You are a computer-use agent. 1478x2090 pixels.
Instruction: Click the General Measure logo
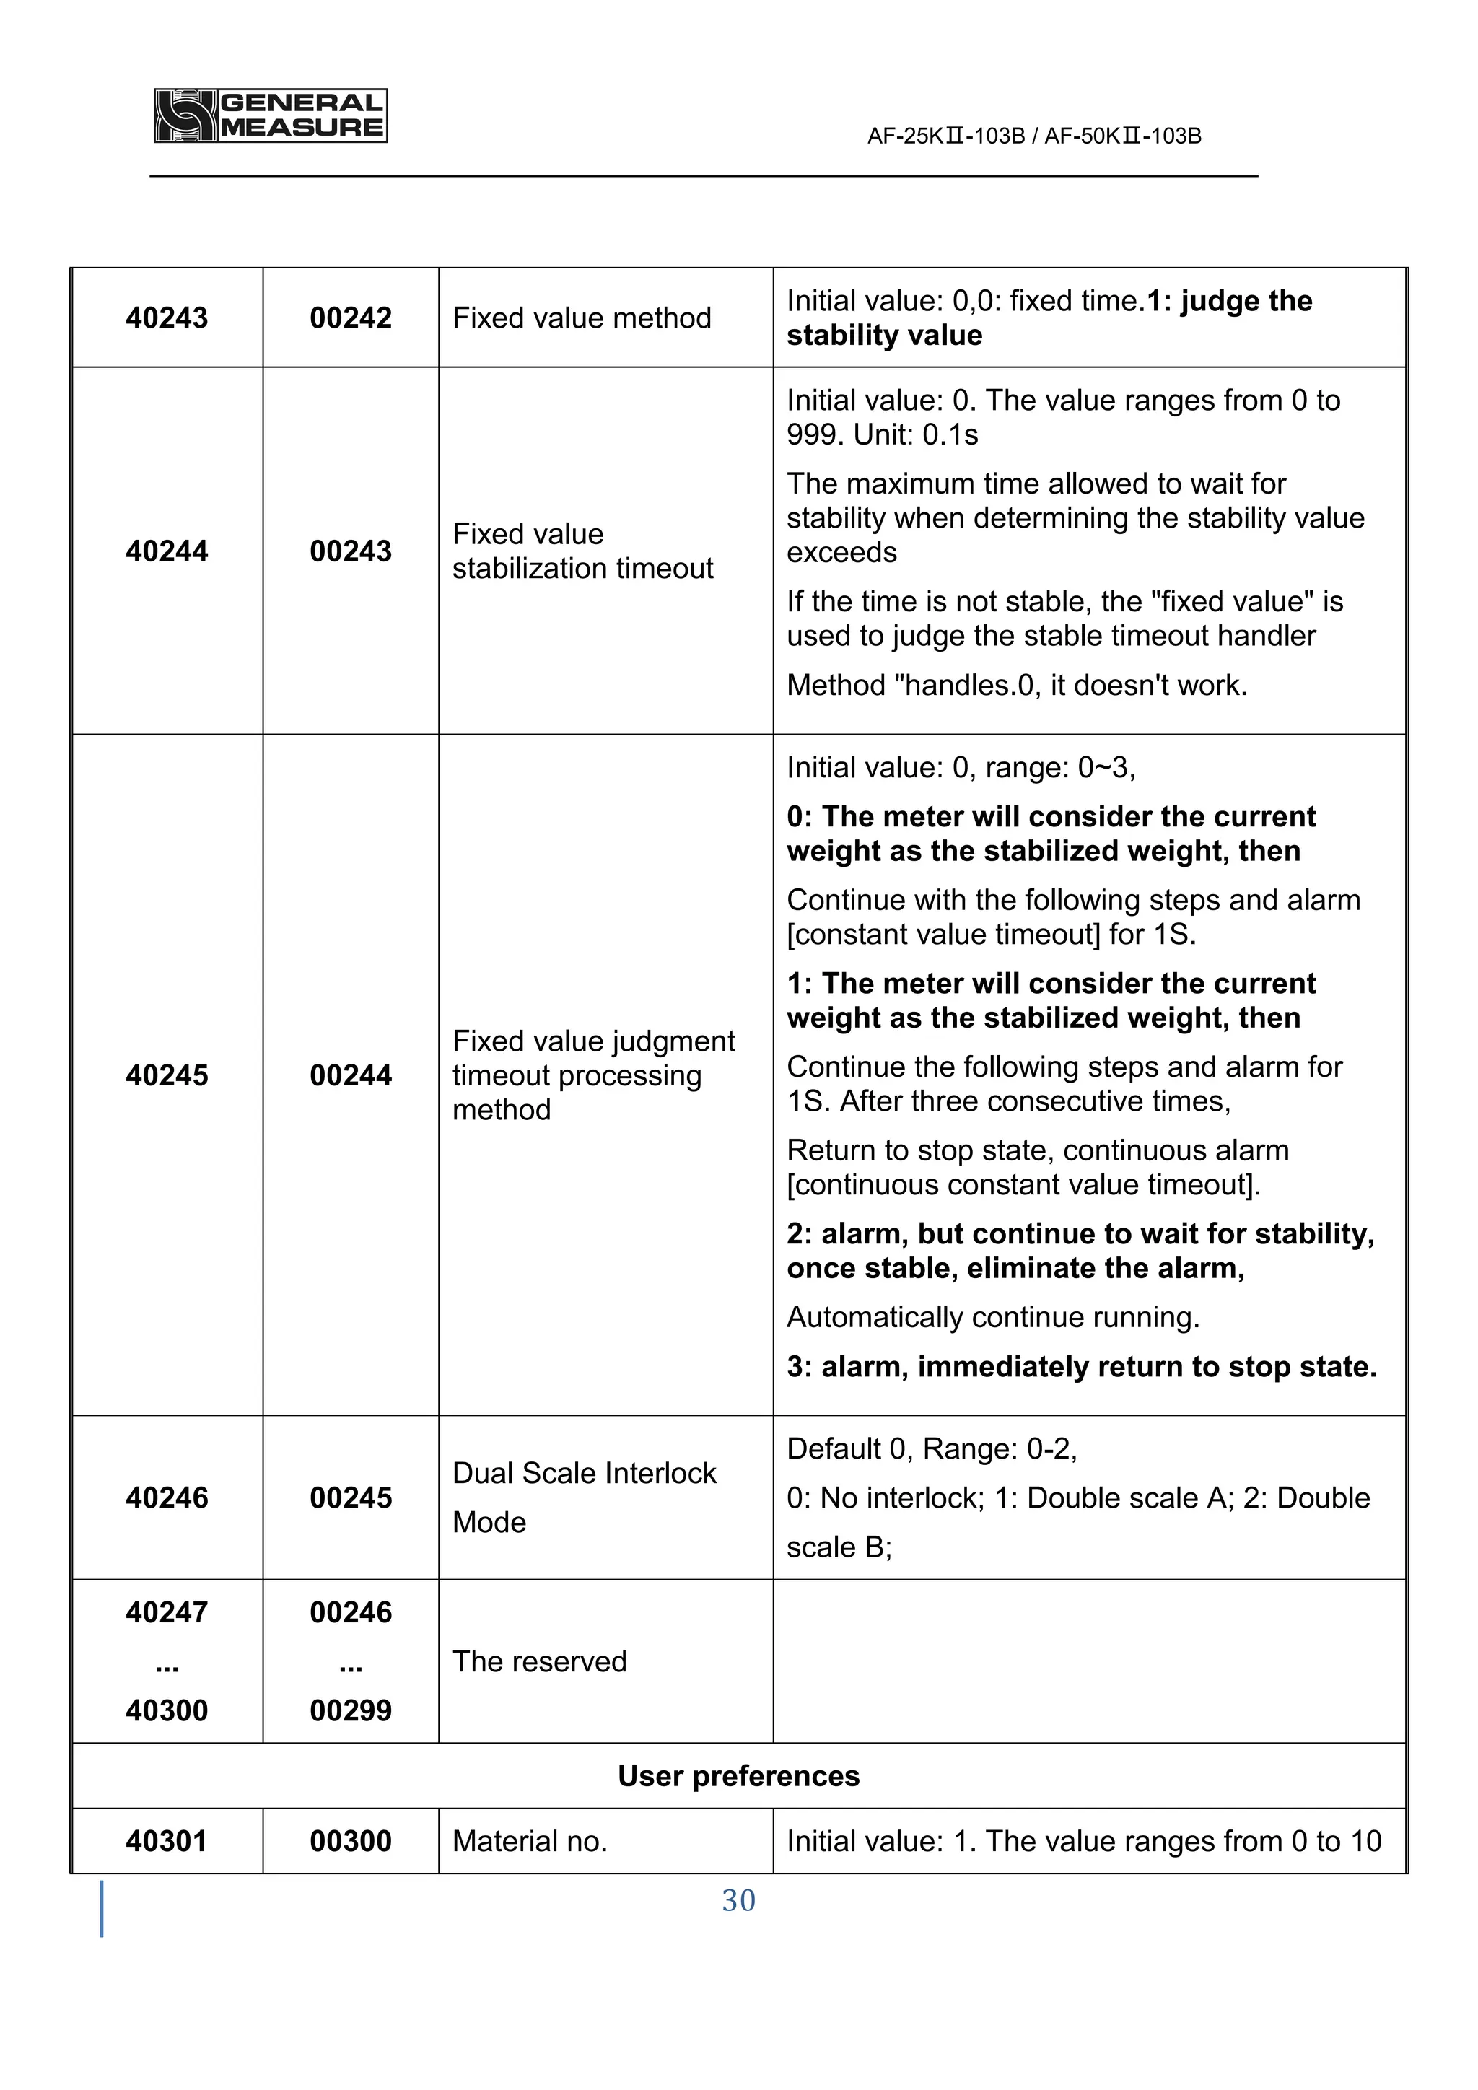click(x=271, y=115)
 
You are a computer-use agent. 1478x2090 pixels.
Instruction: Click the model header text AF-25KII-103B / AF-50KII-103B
click(x=1034, y=136)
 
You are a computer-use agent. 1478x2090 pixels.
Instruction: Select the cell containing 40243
click(x=167, y=318)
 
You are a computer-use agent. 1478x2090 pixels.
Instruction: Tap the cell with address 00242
click(x=351, y=318)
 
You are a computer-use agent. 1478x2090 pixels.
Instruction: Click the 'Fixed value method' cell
click(x=582, y=318)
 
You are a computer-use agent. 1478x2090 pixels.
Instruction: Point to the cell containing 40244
click(x=167, y=551)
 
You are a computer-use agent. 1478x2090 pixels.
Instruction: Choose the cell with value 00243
click(x=351, y=551)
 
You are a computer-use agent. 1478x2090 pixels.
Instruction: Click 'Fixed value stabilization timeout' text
click(x=582, y=551)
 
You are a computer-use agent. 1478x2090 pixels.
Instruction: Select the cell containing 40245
click(x=167, y=1075)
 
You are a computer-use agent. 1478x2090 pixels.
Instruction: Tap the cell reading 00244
click(x=351, y=1075)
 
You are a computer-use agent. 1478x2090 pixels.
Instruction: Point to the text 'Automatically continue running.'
click(x=993, y=1317)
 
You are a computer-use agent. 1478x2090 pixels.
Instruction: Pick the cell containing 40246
click(x=167, y=1497)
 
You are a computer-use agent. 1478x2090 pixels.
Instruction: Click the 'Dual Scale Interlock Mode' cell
click(x=585, y=1497)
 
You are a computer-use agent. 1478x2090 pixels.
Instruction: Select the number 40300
click(x=167, y=1710)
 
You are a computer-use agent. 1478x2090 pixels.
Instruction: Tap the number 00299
click(x=351, y=1710)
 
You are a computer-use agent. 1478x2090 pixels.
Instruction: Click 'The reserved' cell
click(x=540, y=1661)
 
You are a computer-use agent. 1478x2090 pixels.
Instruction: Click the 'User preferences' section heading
click(x=738, y=1776)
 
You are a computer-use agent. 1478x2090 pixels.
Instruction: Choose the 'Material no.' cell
click(x=530, y=1842)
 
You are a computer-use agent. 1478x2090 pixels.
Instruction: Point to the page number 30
click(x=738, y=1901)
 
